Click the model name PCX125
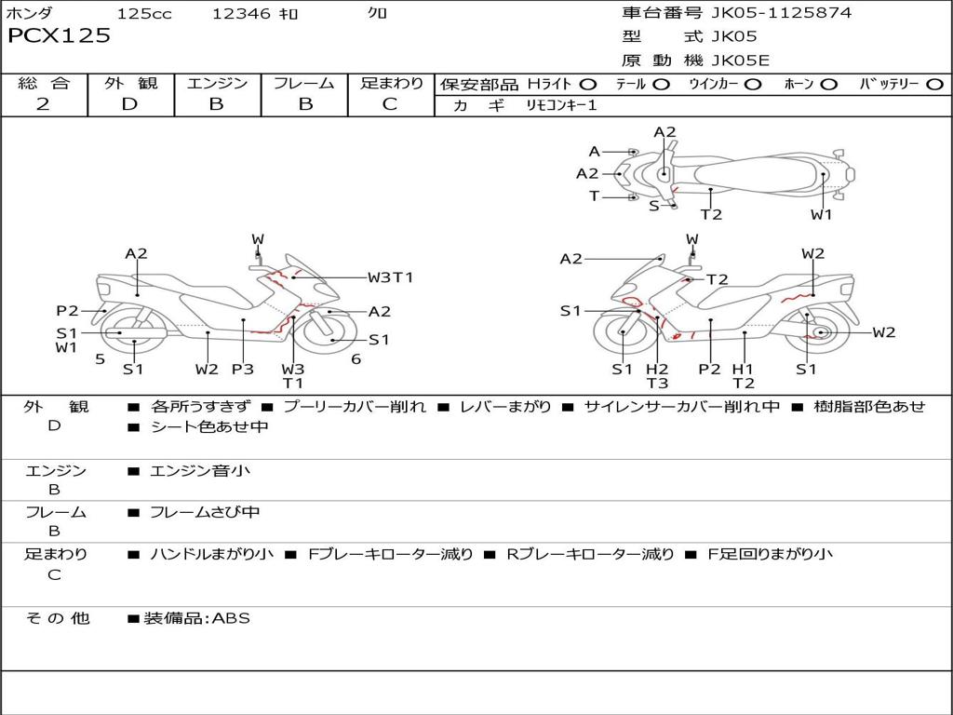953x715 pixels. coord(59,36)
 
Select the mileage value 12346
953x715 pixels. coord(241,14)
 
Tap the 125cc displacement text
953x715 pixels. coord(138,14)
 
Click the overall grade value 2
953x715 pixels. coord(43,104)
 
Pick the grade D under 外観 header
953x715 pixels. coord(129,104)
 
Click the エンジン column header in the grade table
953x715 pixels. coord(217,83)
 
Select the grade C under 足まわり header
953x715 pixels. coord(390,104)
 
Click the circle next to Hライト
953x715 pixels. coord(588,85)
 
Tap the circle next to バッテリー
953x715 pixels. coord(934,85)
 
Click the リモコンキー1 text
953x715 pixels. coord(561,105)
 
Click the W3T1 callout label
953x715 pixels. coord(390,277)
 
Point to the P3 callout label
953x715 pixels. coord(242,369)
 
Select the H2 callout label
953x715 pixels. coord(657,369)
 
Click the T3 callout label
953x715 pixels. coord(657,383)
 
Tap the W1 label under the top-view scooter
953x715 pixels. coord(821,215)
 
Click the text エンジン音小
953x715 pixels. coord(200,471)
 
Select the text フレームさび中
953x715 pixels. coord(205,512)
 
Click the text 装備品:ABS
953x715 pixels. coord(196,617)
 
